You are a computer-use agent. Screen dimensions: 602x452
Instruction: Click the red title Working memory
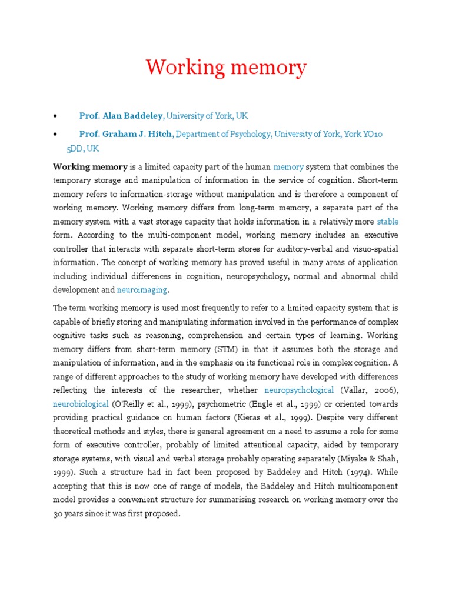point(226,68)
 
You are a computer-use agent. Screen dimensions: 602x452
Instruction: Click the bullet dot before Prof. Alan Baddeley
point(55,116)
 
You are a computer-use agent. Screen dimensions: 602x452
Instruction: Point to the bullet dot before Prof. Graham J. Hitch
point(55,135)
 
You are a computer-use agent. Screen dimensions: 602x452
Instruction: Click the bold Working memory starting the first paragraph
point(90,167)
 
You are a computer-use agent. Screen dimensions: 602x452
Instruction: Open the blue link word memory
point(288,167)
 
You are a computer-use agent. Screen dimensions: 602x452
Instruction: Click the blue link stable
point(387,222)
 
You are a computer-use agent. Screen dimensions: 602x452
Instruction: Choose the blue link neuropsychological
point(299,390)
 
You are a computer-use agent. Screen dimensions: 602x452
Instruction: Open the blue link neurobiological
point(81,404)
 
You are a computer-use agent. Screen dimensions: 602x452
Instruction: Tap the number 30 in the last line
point(59,513)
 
